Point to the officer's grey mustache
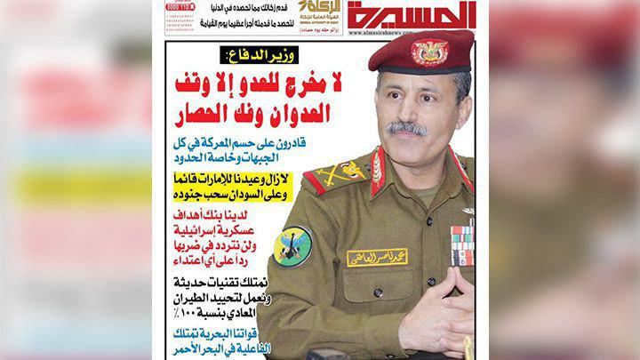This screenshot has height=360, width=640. coord(407,128)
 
